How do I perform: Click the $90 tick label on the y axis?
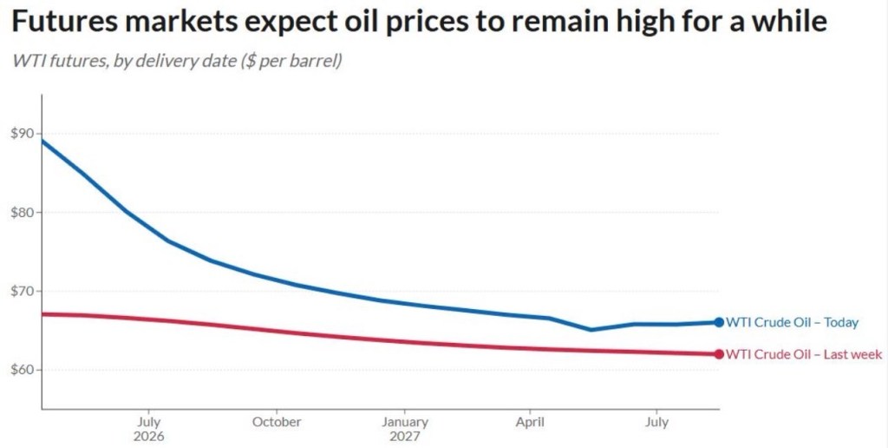23,134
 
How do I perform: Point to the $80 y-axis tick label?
23,213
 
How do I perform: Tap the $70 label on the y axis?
23,292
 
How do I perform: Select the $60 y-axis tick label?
23,371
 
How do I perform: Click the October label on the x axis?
277,423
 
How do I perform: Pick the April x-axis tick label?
530,423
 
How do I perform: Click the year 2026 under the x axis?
148,437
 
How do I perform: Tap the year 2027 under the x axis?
404,437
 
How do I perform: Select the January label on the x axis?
404,423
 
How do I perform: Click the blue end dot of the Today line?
719,322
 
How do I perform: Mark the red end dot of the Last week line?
719,354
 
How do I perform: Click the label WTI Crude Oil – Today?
793,323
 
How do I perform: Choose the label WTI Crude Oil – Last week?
804,354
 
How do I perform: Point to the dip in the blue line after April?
591,329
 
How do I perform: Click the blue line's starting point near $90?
42,140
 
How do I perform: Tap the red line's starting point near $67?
42,313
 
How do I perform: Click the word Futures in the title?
66,22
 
